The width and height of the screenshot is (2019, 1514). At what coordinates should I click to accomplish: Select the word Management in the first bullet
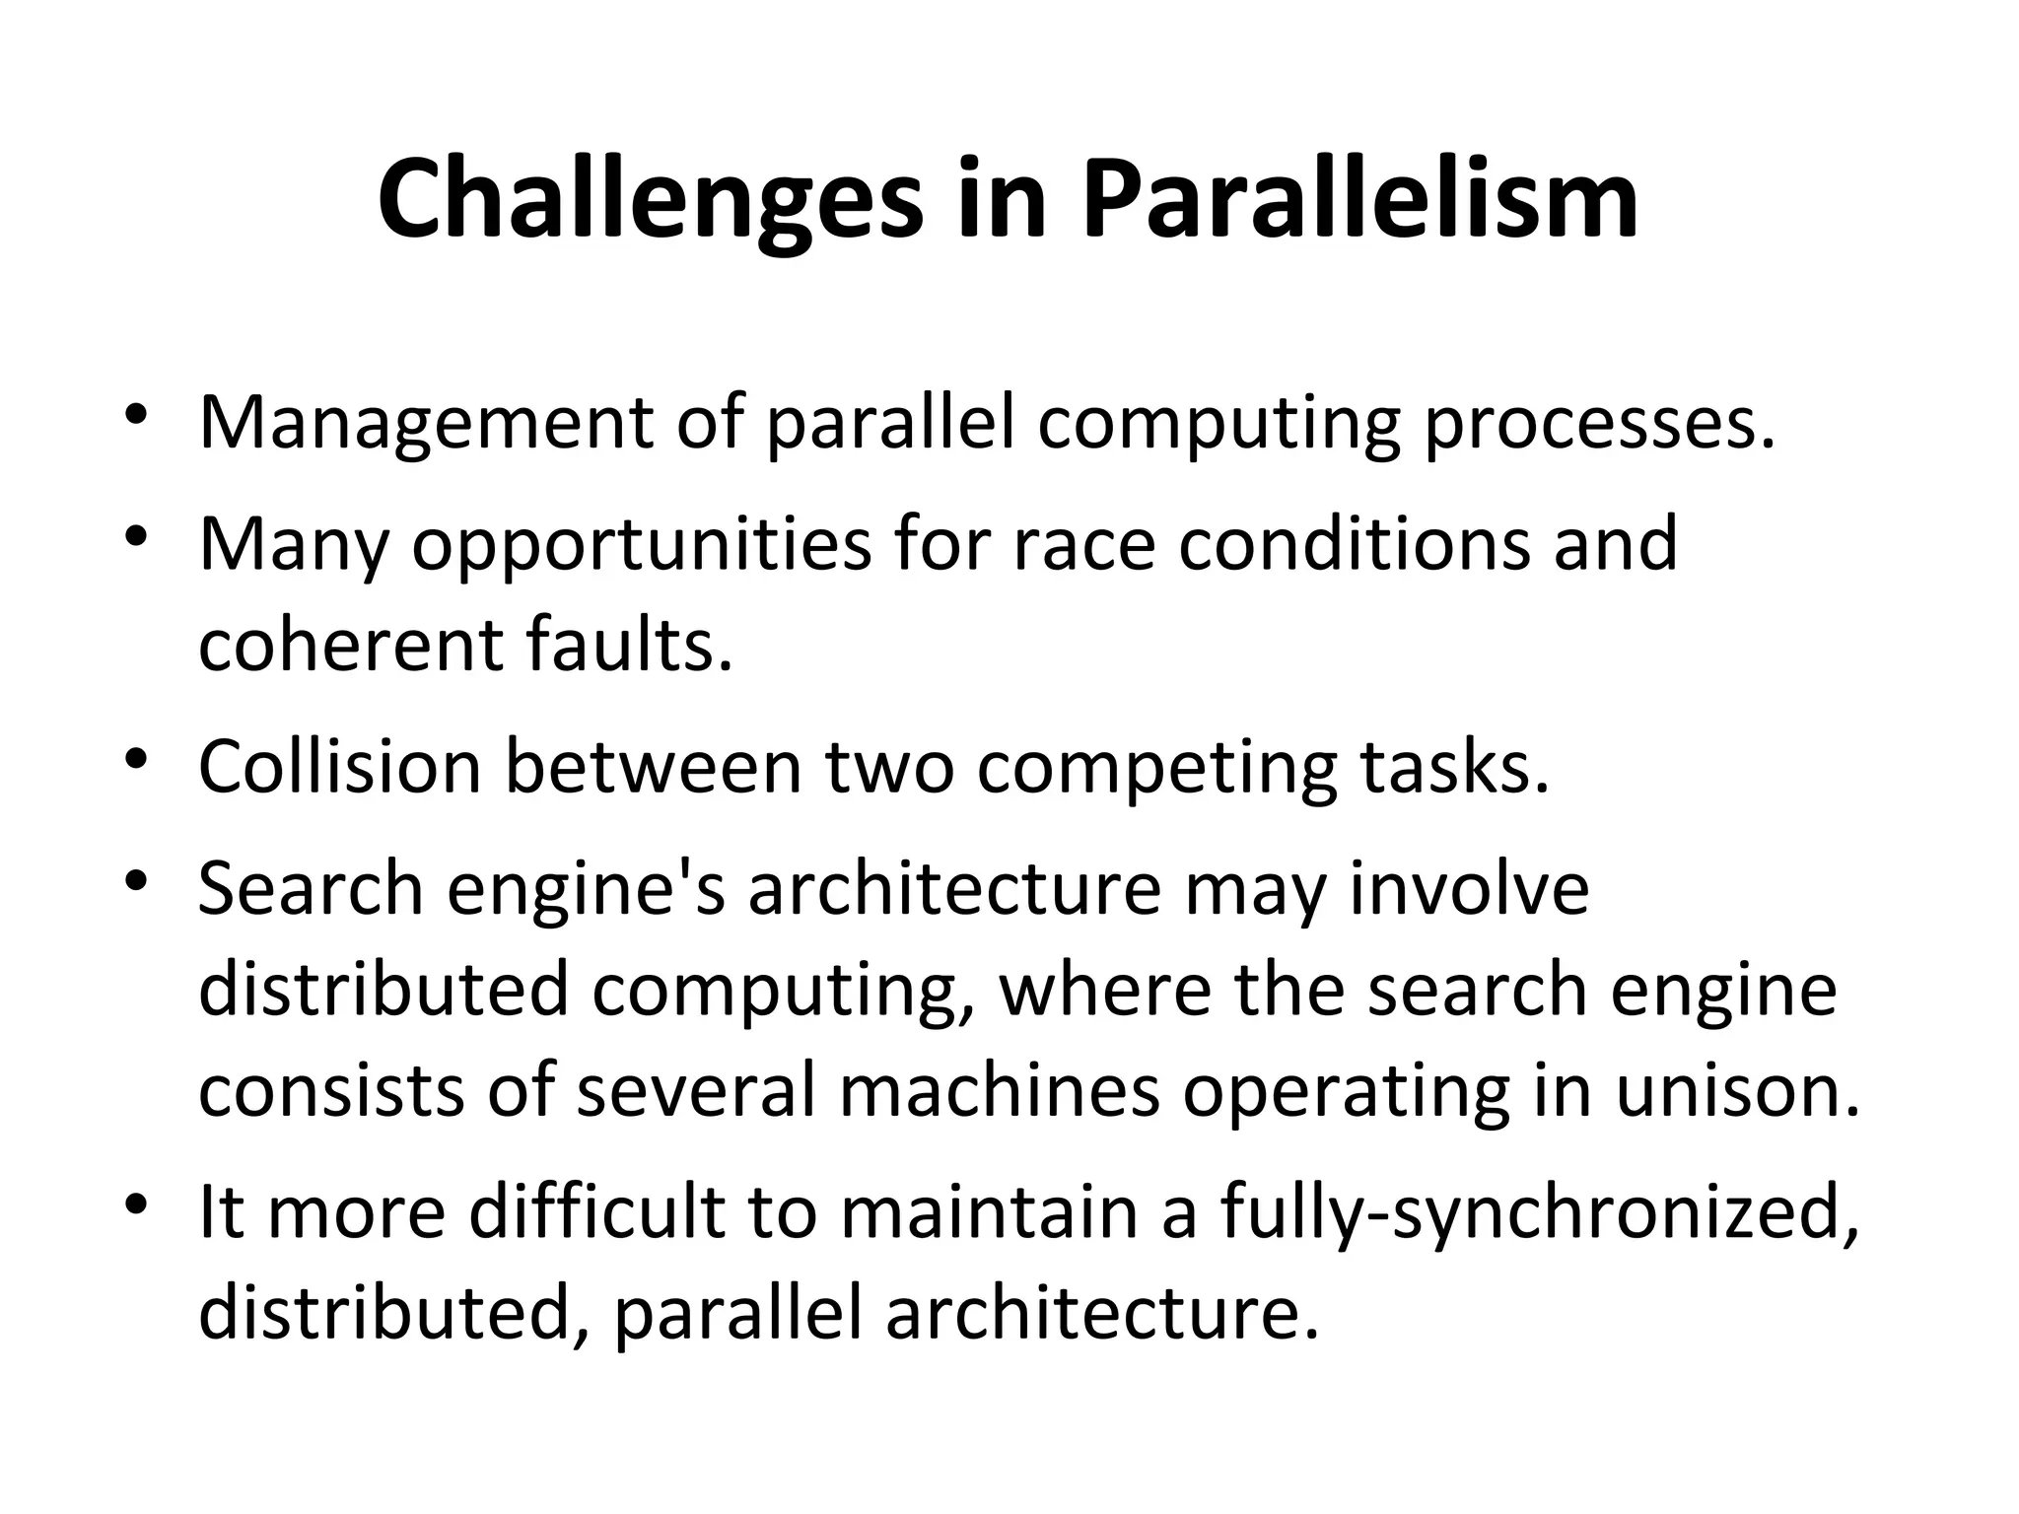(x=426, y=423)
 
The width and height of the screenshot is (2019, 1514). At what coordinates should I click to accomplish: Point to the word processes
(x=1598, y=423)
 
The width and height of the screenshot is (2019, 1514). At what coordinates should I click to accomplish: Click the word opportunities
(x=641, y=545)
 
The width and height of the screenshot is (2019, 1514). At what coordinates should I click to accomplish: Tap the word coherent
(x=350, y=646)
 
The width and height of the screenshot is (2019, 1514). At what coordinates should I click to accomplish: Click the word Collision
(x=339, y=767)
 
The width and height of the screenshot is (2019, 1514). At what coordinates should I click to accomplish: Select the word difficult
(x=597, y=1211)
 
